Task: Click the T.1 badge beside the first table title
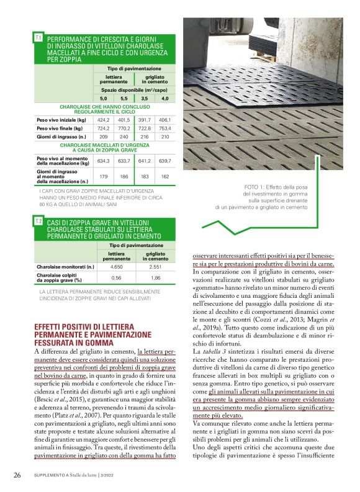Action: point(38,38)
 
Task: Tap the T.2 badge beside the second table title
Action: point(38,221)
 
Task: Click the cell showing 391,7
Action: point(145,119)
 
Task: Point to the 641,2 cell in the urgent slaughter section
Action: point(145,161)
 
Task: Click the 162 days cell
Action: point(164,176)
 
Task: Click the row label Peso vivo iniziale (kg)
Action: point(60,119)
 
